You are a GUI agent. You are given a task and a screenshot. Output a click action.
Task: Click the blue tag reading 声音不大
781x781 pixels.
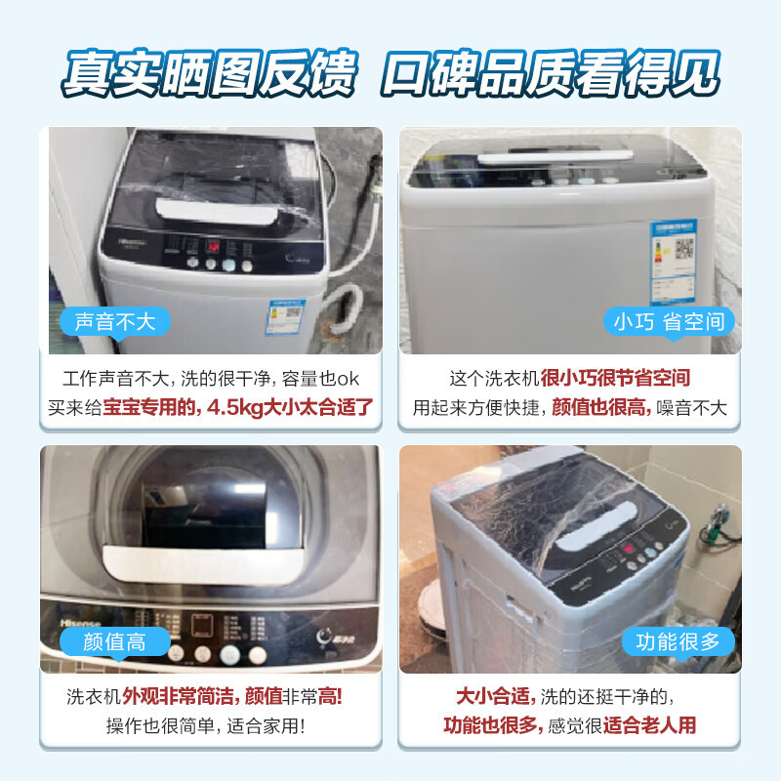pyautogui.click(x=115, y=321)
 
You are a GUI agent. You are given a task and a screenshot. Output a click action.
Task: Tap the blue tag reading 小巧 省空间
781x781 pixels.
pyautogui.click(x=669, y=321)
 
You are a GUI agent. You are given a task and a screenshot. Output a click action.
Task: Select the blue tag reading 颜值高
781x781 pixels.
pyautogui.click(x=114, y=641)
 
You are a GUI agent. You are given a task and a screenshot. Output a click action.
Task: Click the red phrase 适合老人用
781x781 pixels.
pyautogui.click(x=650, y=726)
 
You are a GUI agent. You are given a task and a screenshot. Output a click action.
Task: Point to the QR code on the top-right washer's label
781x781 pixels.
pyautogui.click(x=684, y=247)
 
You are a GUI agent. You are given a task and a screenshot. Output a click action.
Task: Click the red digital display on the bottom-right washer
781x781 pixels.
pyautogui.click(x=630, y=549)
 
